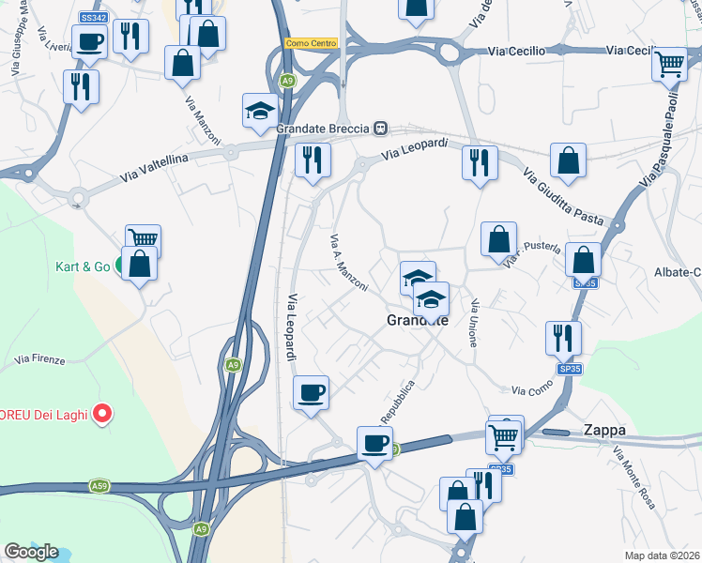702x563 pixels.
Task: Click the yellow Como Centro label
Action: (312, 43)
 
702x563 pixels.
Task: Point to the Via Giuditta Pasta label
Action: (563, 196)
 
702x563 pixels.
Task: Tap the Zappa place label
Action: (603, 430)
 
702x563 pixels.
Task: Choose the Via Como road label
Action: (532, 389)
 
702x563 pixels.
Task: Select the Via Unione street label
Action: (475, 324)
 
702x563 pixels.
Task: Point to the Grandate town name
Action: (418, 321)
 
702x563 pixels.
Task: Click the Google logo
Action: (31, 552)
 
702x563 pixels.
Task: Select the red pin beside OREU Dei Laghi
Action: (103, 412)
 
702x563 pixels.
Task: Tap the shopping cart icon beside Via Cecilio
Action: (670, 64)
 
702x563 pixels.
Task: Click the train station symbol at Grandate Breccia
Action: (380, 129)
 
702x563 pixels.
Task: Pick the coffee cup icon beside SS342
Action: (91, 42)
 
